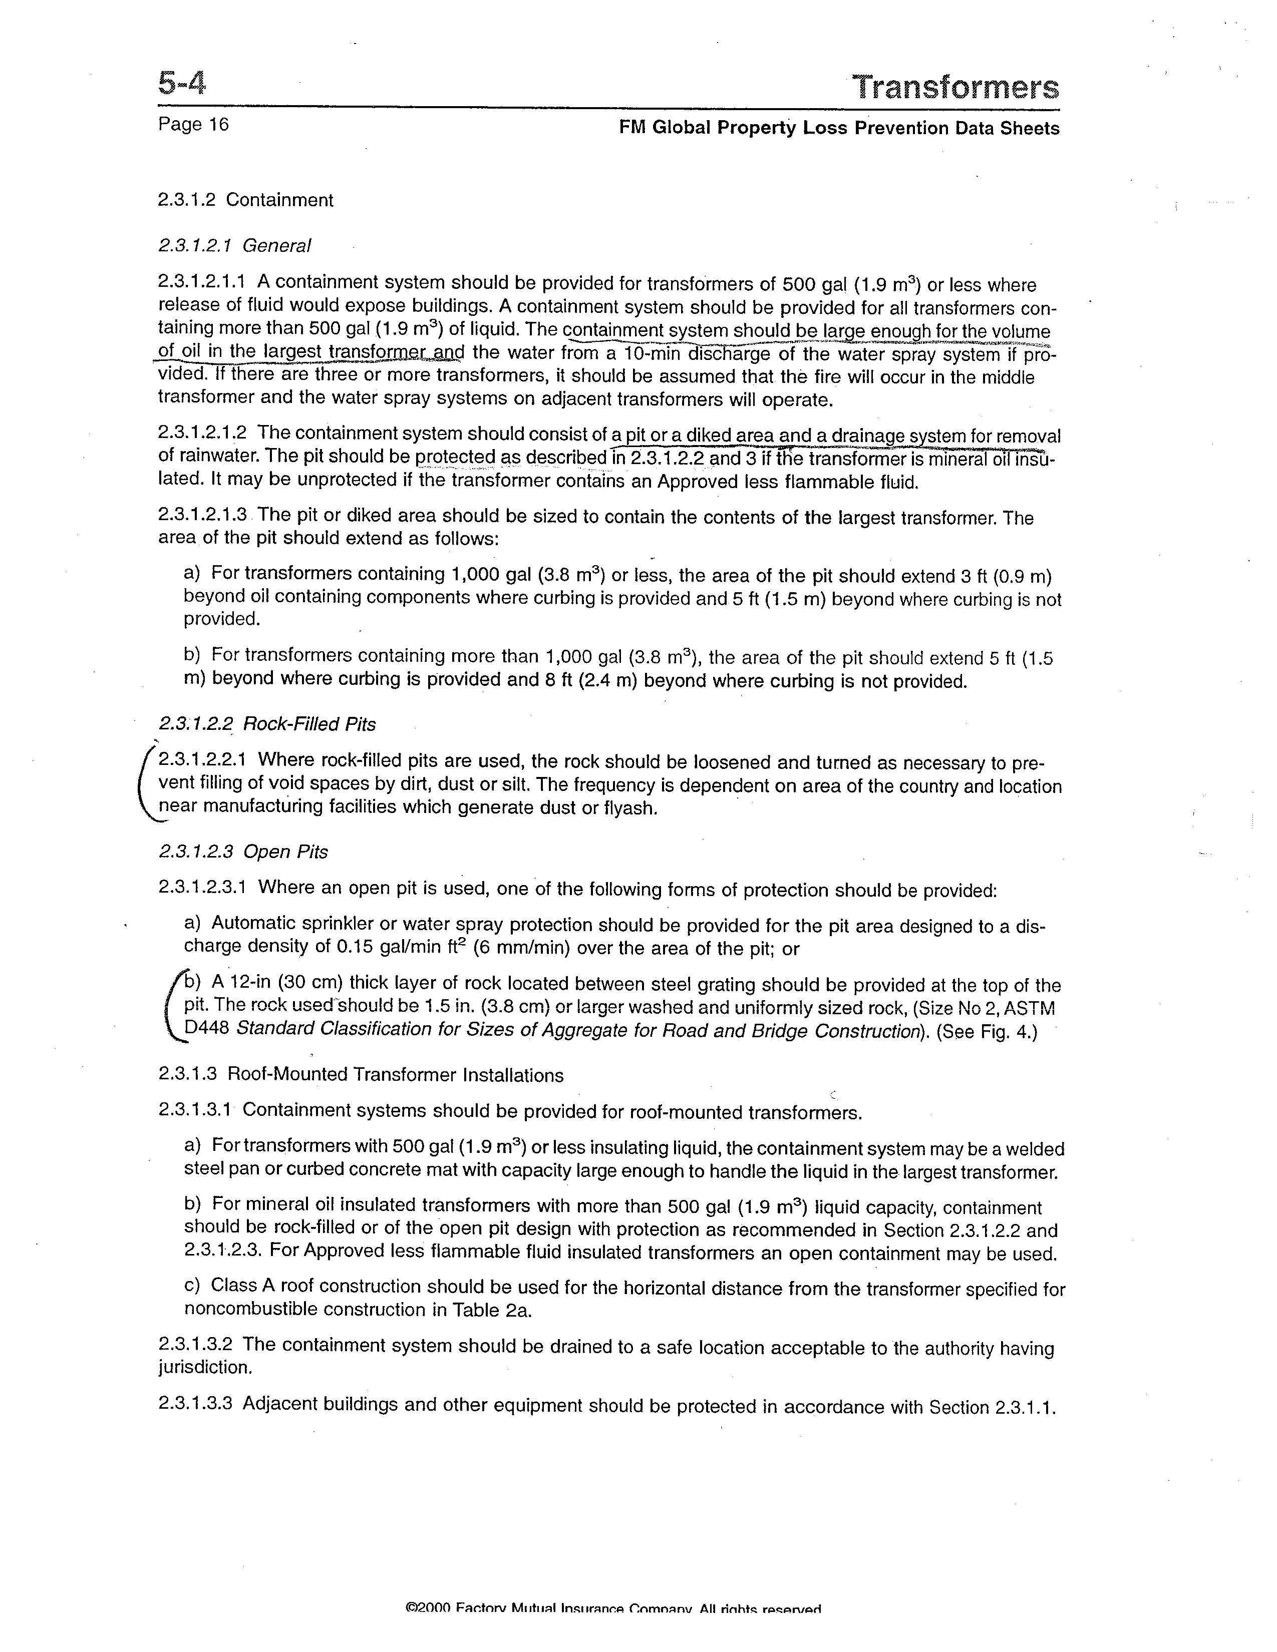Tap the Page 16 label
tap(193, 124)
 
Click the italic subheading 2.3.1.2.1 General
tap(234, 246)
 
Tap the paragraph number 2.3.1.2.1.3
tap(203, 515)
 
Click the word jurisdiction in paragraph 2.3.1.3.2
tap(204, 1368)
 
